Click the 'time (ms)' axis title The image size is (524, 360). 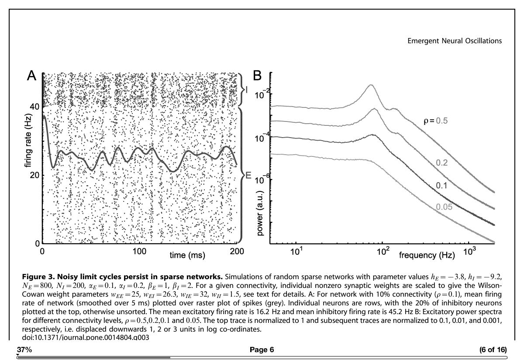(187, 255)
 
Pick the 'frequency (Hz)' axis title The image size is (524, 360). (427, 255)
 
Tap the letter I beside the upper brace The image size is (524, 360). (247, 90)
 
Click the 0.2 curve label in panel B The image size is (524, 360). (441, 163)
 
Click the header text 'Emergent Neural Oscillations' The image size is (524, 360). (454, 41)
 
